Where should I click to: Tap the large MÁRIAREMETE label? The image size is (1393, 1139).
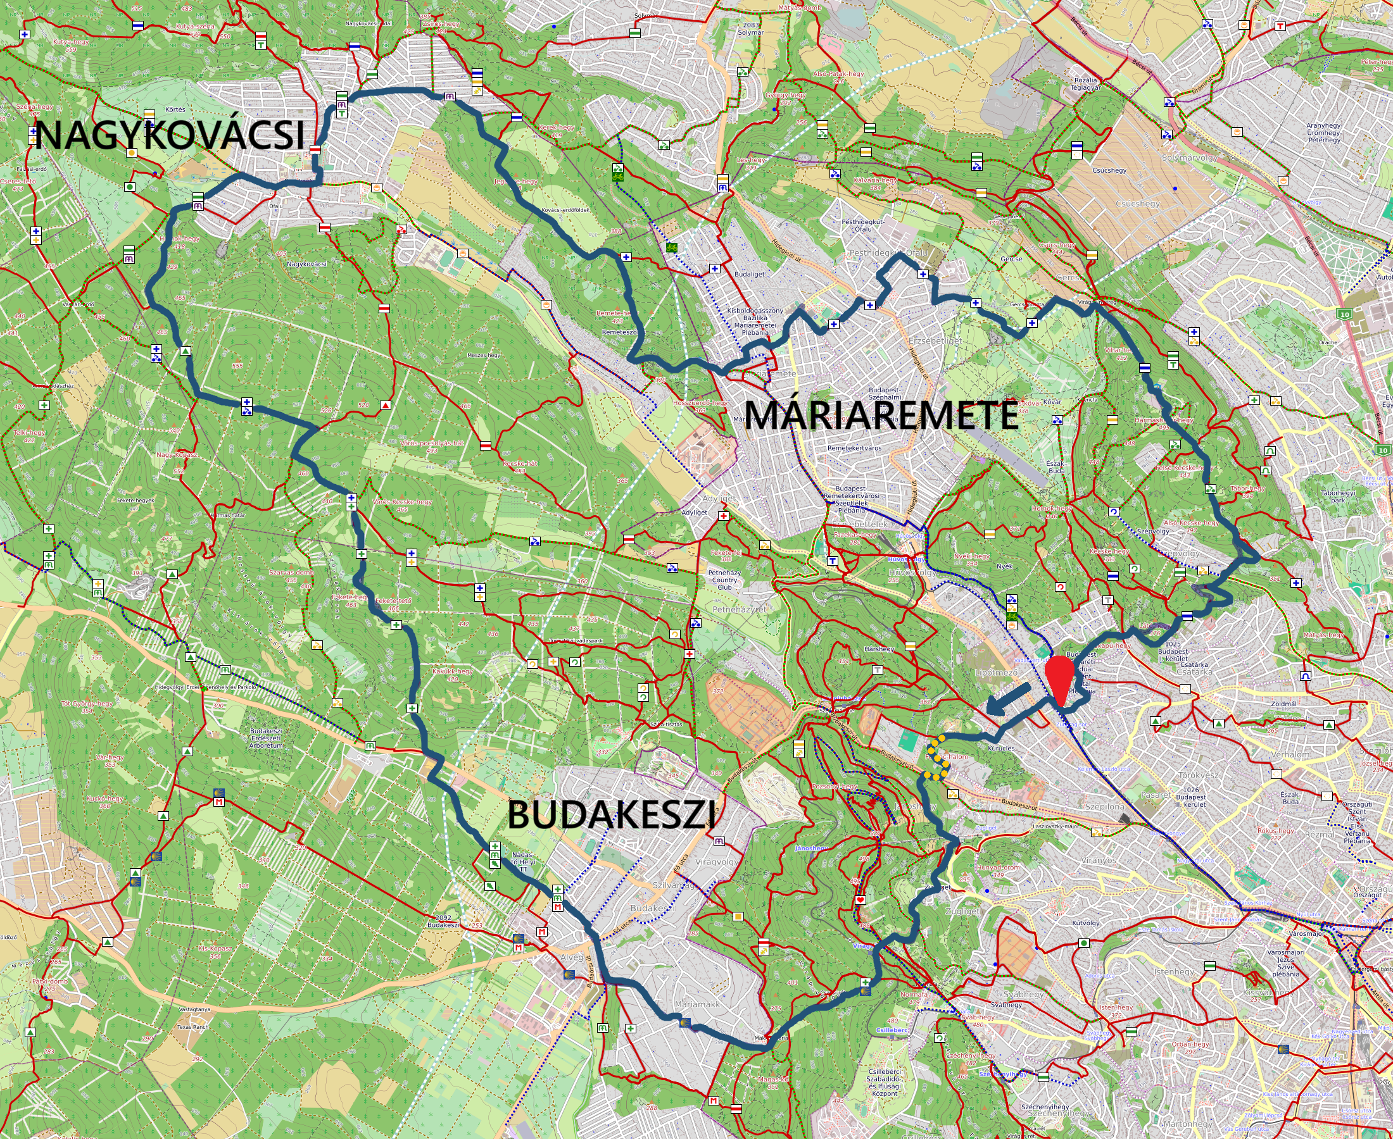coord(881,414)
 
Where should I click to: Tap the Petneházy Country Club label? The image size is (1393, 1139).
coord(724,580)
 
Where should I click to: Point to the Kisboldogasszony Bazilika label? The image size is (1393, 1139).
coord(755,321)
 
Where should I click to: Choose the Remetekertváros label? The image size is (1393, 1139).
coord(854,448)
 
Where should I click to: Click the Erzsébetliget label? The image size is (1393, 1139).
coord(935,341)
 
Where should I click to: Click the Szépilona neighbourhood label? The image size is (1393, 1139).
coord(1104,806)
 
